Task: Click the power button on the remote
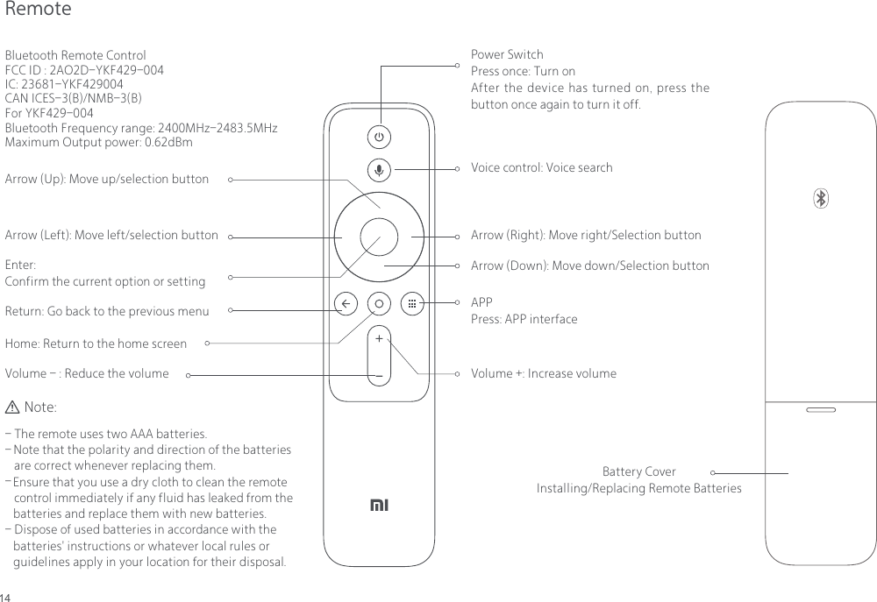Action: [x=379, y=138]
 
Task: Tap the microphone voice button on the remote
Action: [x=379, y=170]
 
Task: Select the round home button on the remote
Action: [x=379, y=303]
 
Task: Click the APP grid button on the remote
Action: [x=411, y=303]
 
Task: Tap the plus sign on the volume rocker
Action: [x=379, y=337]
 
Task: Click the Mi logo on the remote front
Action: [x=379, y=506]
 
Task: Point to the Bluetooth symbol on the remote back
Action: [x=821, y=200]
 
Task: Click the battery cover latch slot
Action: [x=821, y=409]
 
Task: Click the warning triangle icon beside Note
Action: [x=12, y=407]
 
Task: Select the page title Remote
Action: [x=38, y=10]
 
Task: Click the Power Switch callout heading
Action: [x=507, y=54]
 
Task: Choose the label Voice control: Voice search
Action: [x=541, y=167]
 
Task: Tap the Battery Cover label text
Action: [x=638, y=471]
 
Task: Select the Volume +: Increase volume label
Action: [x=543, y=373]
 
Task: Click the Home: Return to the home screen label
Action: [x=96, y=343]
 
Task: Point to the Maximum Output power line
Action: [x=98, y=142]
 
